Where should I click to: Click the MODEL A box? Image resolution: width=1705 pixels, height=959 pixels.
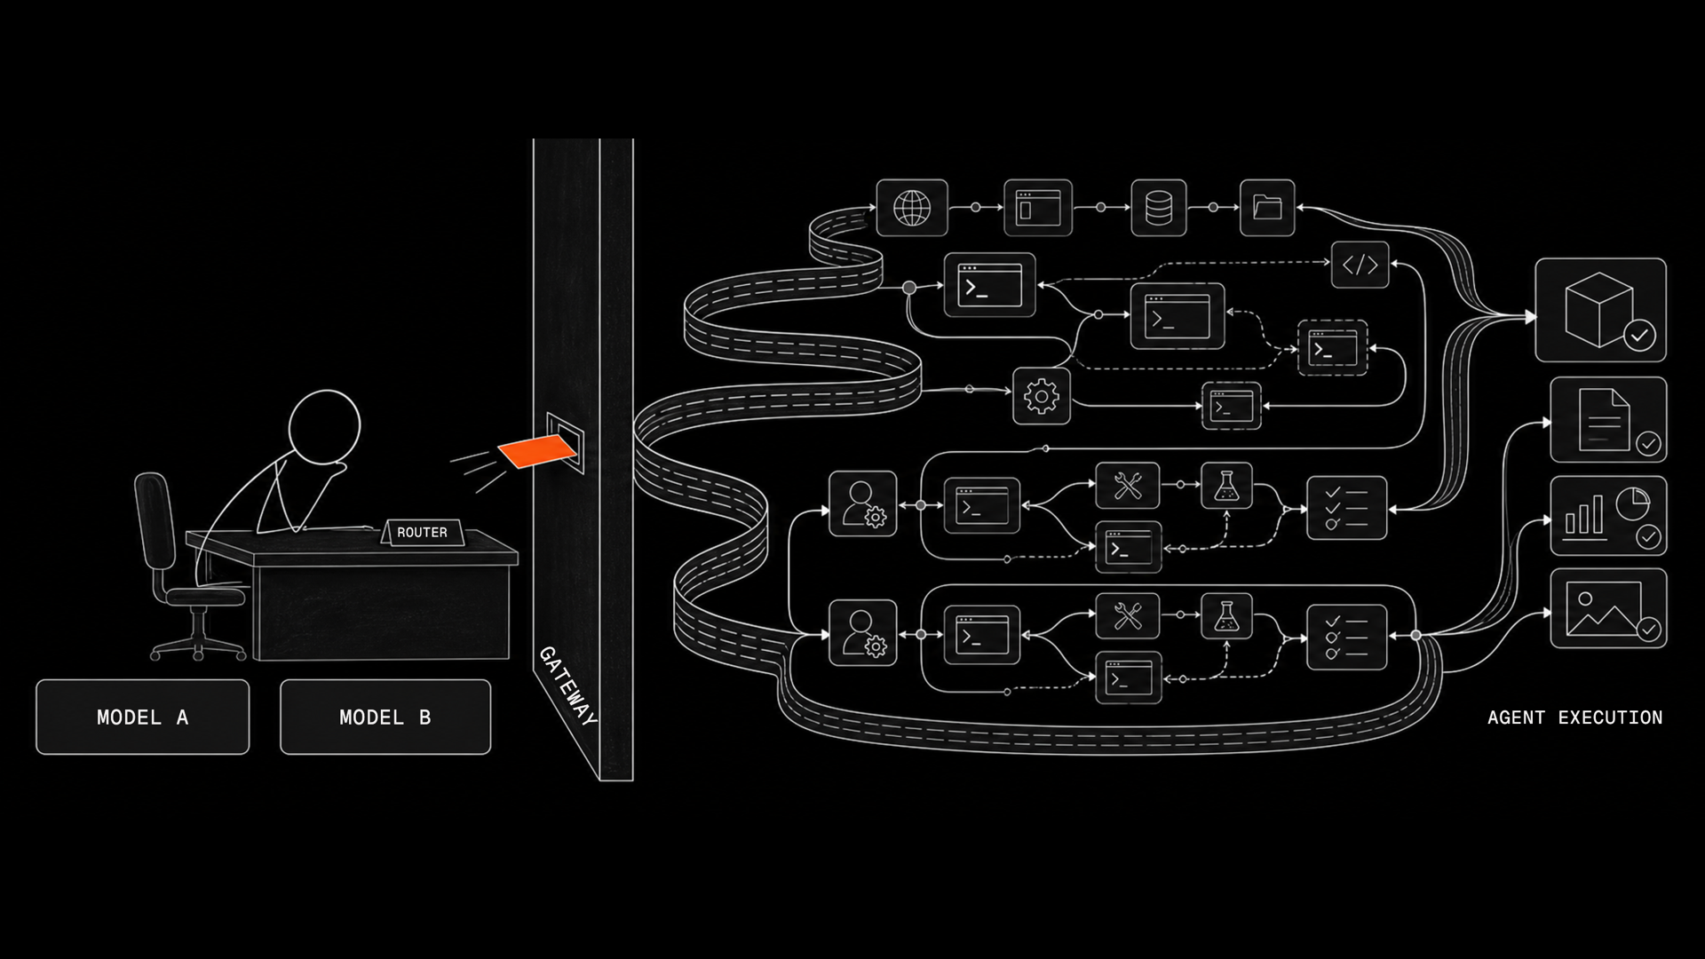click(143, 717)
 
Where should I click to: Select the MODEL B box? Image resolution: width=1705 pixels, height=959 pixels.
click(385, 717)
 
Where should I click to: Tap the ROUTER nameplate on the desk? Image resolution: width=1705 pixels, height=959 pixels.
click(422, 532)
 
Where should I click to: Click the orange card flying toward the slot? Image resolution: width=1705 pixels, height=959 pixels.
click(536, 452)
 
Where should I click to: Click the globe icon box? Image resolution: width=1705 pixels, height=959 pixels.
click(912, 208)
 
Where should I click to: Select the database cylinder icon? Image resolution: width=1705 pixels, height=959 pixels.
click(1159, 208)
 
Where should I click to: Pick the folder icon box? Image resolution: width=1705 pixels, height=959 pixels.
click(1267, 208)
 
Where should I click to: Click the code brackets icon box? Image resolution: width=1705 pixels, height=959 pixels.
click(1360, 264)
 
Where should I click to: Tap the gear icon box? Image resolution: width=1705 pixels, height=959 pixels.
click(1042, 396)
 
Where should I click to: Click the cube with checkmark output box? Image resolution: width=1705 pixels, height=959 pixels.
click(1600, 310)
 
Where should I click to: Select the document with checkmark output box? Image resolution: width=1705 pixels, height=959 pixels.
click(1608, 420)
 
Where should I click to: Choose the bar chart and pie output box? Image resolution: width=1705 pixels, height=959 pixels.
click(1608, 516)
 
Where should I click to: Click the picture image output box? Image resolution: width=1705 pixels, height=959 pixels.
click(1608, 608)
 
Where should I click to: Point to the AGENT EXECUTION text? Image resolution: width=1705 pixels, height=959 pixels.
click(1574, 717)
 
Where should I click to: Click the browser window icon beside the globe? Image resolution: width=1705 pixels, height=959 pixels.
click(1038, 208)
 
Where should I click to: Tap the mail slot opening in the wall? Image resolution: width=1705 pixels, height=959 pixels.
click(566, 442)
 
